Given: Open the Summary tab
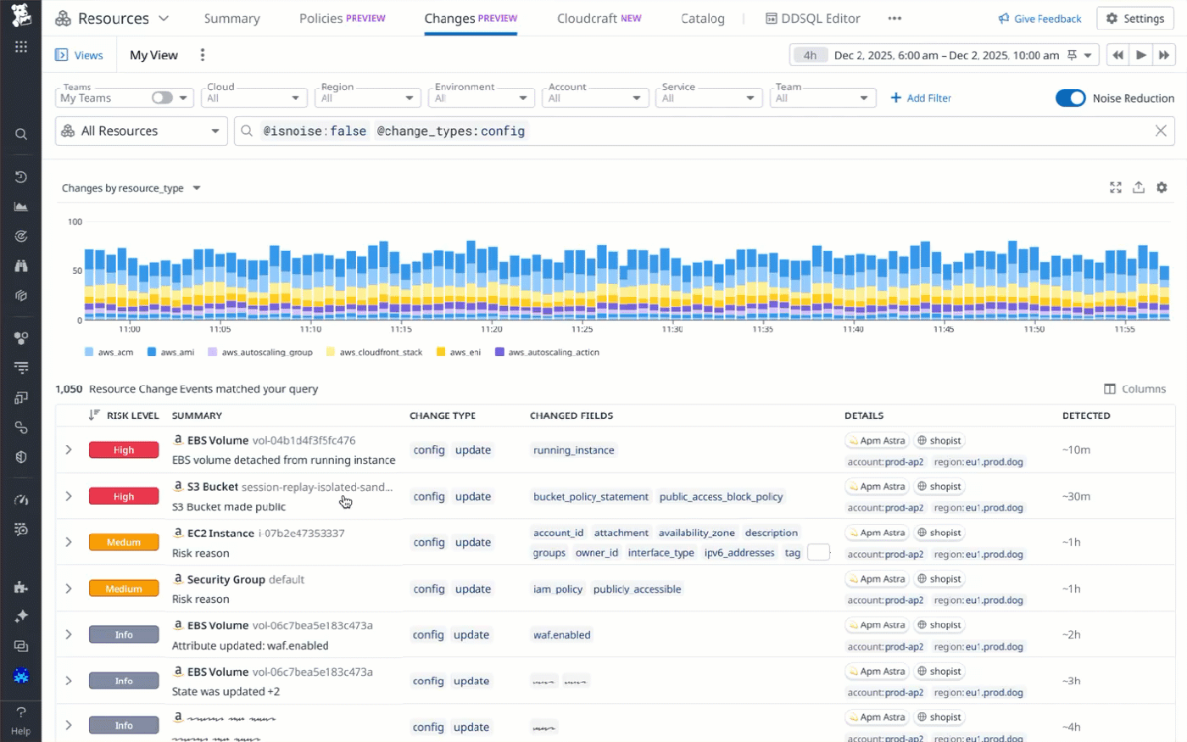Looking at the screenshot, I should click(x=231, y=19).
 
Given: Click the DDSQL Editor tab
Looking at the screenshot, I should click(x=812, y=19).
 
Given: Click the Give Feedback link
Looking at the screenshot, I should click(x=1039, y=19).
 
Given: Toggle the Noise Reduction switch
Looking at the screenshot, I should click(x=1070, y=98).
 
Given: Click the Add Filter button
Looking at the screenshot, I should click(x=921, y=98).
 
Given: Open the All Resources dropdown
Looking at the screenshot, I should click(x=142, y=131).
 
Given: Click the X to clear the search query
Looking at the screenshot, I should click(x=1161, y=131).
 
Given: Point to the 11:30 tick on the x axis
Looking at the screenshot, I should click(x=672, y=329).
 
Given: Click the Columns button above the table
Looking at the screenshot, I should click(x=1134, y=389).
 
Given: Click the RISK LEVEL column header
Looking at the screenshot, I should click(x=132, y=416).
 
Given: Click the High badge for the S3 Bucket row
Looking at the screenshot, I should click(x=124, y=496).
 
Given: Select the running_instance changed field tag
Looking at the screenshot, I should click(x=573, y=450).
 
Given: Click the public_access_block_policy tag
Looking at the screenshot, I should click(x=721, y=497).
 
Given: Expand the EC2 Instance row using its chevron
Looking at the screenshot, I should click(x=69, y=542).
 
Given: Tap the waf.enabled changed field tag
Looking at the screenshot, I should click(x=561, y=635).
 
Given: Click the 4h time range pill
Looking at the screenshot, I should click(x=810, y=55).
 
